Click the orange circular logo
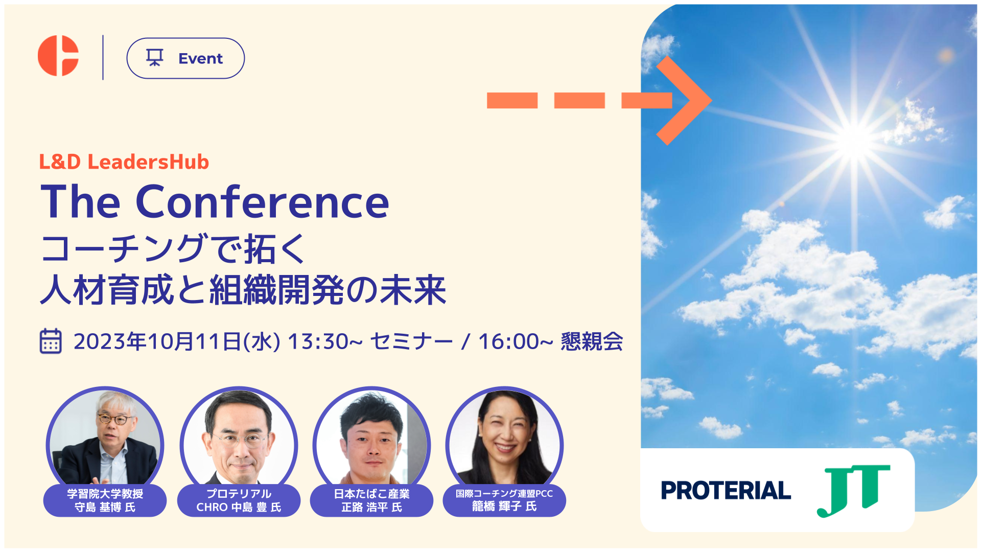tap(57, 56)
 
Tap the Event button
tap(185, 58)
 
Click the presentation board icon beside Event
tap(155, 58)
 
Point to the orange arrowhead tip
tap(711, 100)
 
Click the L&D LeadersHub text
tap(124, 162)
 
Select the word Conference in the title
tap(262, 202)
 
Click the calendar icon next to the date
tap(51, 341)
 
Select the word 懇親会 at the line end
tap(592, 341)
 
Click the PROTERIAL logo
tap(726, 490)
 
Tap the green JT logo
tap(854, 490)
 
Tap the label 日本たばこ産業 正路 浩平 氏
tap(371, 500)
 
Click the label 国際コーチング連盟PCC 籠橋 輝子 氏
tap(504, 500)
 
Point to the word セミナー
tap(411, 341)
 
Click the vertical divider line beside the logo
tap(103, 57)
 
